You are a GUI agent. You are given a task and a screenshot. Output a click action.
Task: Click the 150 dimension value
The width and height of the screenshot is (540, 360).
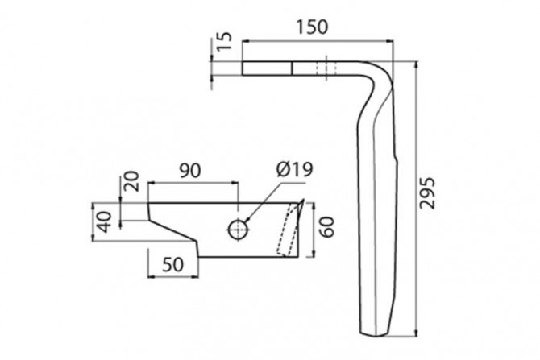312,26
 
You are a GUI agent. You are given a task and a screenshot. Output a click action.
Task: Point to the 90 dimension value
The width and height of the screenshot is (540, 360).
189,171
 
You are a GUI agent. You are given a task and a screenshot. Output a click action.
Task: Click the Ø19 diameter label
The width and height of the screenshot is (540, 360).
293,170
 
